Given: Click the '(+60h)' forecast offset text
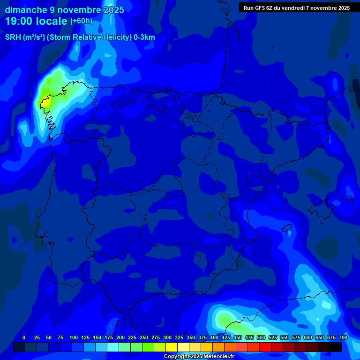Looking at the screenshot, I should (x=81, y=21).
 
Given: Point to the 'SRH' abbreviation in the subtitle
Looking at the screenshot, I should (x=13, y=37).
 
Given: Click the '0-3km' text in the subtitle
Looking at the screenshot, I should (x=144, y=37).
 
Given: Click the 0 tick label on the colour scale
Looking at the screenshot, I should (x=24, y=337).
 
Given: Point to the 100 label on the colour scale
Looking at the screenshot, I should (x=74, y=337).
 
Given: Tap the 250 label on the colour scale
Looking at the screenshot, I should (x=144, y=337).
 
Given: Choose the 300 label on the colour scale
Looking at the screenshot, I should (x=167, y=337).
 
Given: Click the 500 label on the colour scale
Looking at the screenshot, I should (x=261, y=337).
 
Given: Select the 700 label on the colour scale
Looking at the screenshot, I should (x=343, y=337).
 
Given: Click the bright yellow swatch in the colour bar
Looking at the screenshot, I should (x=172, y=347).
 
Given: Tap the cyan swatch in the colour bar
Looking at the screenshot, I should (x=113, y=347).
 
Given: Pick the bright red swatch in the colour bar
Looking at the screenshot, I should (x=265, y=347).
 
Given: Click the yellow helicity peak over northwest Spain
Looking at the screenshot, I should (x=45, y=101).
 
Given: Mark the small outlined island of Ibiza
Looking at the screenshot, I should (x=287, y=229).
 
